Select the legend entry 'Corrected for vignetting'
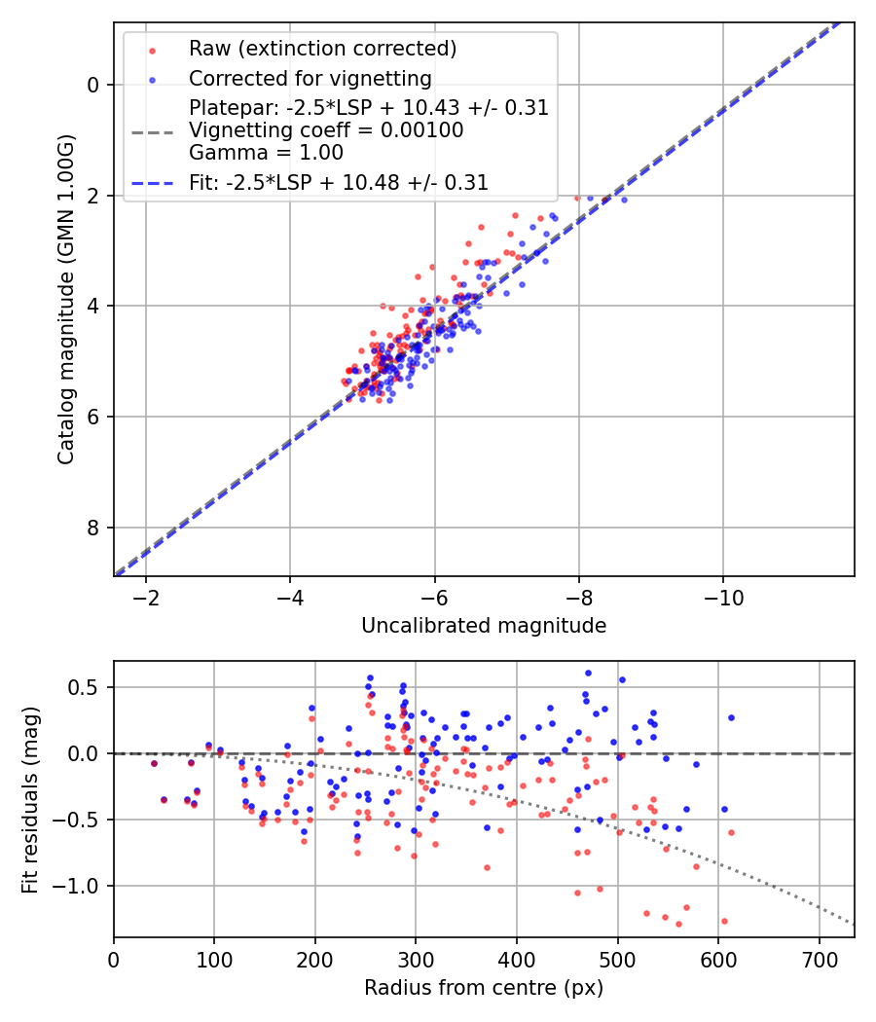[310, 78]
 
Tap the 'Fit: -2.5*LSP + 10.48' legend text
[338, 182]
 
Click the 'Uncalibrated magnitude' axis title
[484, 626]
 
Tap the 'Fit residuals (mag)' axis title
[30, 799]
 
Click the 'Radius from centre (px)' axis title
[484, 988]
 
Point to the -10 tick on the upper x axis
[722, 596]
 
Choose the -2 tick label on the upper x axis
[146, 596]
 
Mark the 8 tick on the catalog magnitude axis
[93, 528]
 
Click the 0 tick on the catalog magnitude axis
[93, 85]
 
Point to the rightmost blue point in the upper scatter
[624, 200]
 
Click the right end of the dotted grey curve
[853, 924]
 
